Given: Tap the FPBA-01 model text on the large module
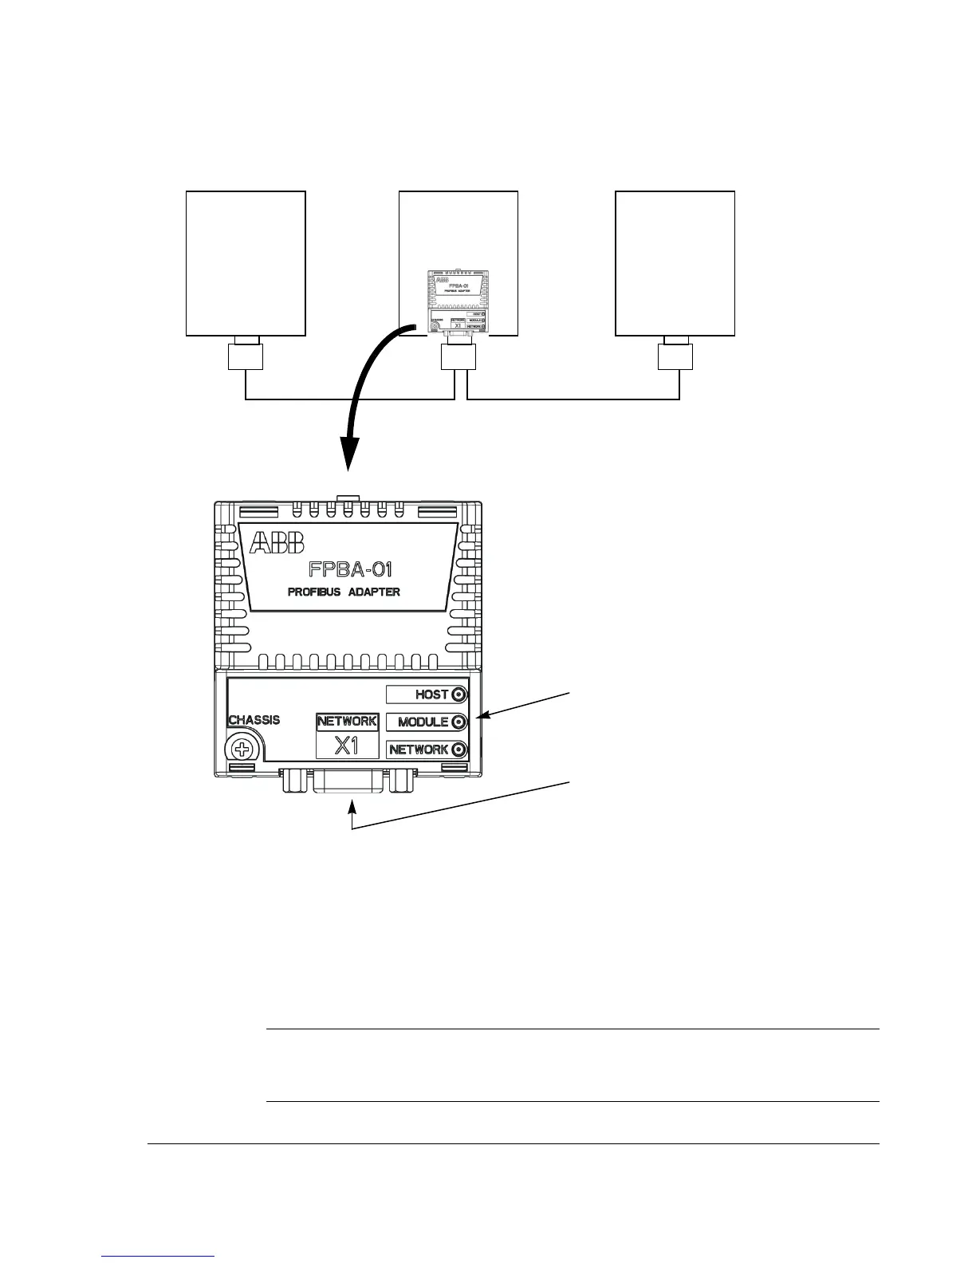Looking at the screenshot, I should (350, 569).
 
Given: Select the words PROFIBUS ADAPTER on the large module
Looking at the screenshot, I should (344, 592).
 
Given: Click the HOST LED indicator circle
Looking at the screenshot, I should (458, 694).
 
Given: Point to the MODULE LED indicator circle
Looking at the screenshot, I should (458, 722).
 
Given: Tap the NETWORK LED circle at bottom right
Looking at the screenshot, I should (458, 750).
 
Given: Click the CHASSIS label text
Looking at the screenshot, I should (254, 720).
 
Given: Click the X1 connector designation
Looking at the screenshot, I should (347, 746).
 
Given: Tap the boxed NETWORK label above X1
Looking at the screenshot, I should (347, 722).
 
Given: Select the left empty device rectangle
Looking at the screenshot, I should (246, 264).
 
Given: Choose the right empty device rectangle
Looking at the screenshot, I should (675, 264).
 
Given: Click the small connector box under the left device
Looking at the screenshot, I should (246, 356).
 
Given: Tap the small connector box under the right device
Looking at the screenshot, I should (675, 356).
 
